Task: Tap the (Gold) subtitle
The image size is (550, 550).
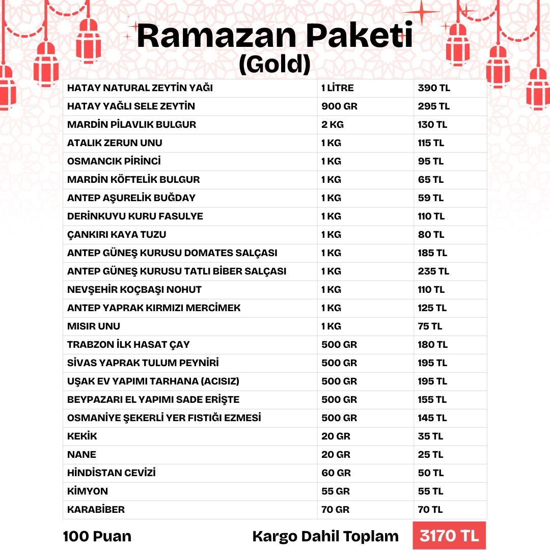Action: pos(274,64)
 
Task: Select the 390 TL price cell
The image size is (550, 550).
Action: pos(434,88)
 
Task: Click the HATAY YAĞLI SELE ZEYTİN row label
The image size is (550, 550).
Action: pos(131,106)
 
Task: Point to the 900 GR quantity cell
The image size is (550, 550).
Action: pos(339,106)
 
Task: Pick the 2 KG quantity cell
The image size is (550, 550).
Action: pos(333,125)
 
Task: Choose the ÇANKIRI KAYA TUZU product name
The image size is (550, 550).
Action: pos(117,235)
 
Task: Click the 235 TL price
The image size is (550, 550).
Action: pos(433,271)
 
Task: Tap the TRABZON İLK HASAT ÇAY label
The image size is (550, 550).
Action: pos(128,345)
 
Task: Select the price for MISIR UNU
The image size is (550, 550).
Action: pos(430,326)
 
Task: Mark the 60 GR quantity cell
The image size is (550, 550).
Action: pos(336,473)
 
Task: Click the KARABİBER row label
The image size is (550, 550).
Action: pos(96,510)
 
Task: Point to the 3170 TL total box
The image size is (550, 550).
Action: pos(449,536)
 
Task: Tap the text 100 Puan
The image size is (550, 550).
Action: pos(97,536)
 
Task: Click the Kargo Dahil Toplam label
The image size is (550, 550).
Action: pos(325,536)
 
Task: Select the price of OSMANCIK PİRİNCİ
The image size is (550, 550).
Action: pos(431,161)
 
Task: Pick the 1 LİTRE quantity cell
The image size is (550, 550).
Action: pos(337,88)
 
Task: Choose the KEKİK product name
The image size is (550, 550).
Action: pos(82,436)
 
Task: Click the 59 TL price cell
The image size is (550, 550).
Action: pos(431,198)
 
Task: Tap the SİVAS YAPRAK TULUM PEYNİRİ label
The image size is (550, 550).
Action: pos(143,363)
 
